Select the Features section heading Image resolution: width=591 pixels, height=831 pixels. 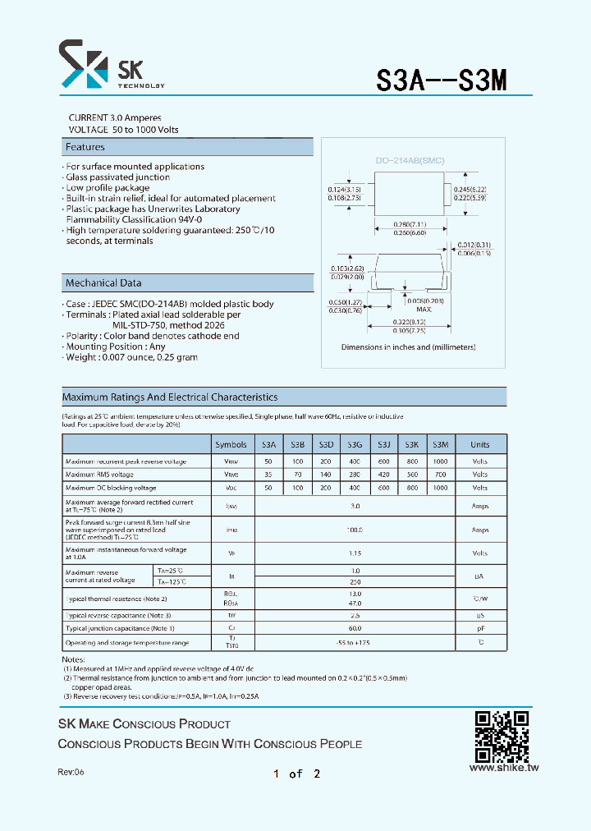tap(85, 147)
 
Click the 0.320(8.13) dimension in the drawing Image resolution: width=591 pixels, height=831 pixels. tap(409, 322)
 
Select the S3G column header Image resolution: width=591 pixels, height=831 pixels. tap(355, 444)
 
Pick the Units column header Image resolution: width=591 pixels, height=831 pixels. tap(479, 444)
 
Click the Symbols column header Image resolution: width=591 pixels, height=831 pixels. tap(231, 444)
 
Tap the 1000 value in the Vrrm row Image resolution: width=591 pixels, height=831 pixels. tap(440, 461)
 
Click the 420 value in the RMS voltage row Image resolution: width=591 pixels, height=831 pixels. tap(383, 475)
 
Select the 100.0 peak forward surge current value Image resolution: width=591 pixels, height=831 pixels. tap(355, 530)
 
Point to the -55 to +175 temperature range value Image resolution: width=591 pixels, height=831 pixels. tap(355, 643)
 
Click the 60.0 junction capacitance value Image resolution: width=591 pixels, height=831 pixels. tap(355, 629)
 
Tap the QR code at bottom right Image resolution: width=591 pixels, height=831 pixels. tap(502, 737)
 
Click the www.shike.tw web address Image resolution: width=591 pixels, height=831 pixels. tap(503, 768)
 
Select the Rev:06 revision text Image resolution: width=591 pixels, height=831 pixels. tap(71, 773)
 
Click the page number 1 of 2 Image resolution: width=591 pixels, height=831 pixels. tap(296, 774)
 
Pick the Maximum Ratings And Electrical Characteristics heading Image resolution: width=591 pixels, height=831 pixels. tap(170, 397)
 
